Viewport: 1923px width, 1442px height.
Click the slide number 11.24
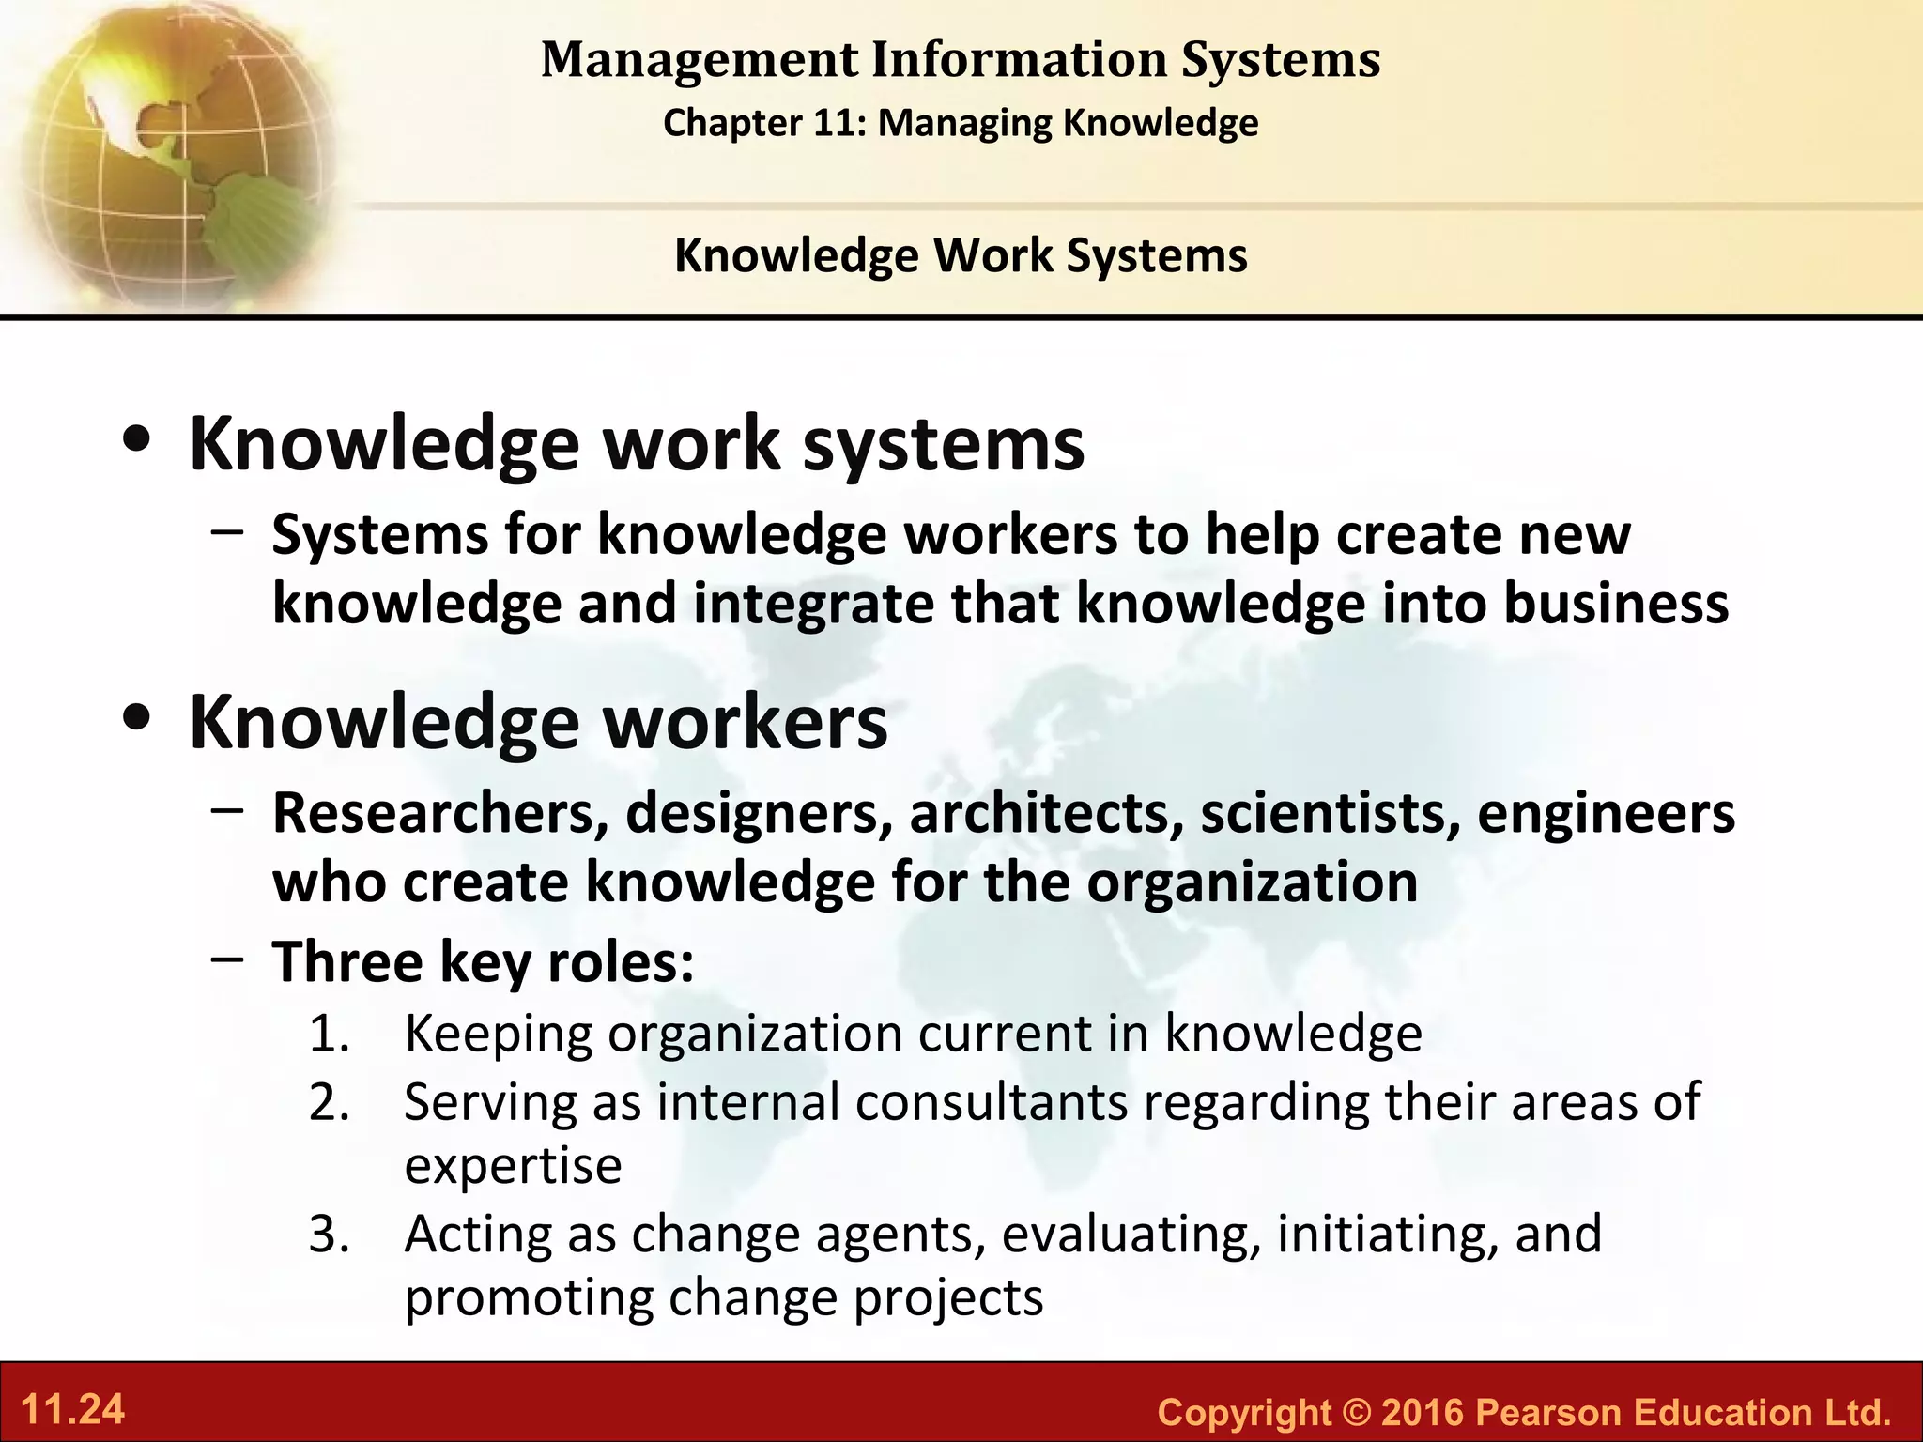point(72,1410)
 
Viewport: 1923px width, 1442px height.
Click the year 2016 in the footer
point(1423,1412)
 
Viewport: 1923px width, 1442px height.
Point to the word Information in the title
point(1019,60)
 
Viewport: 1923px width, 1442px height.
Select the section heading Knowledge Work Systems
point(961,255)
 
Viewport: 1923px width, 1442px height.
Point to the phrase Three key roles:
point(484,962)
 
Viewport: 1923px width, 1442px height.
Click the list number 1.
point(329,1035)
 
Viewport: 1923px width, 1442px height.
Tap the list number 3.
point(329,1235)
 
